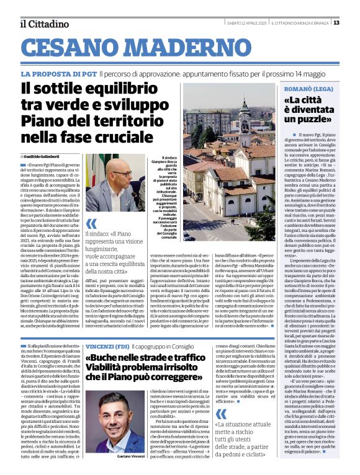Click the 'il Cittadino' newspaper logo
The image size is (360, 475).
(44, 24)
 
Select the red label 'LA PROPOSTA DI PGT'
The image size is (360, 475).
(58, 74)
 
